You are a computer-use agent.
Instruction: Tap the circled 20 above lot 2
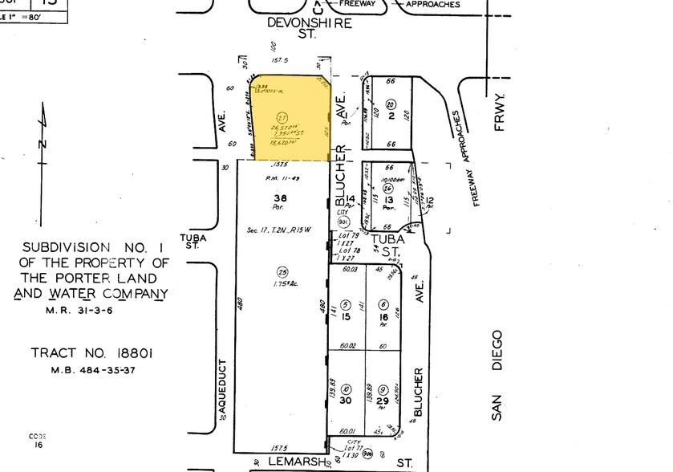click(x=391, y=104)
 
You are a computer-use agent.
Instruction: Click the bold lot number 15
click(x=345, y=318)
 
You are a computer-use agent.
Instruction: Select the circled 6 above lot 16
click(x=384, y=305)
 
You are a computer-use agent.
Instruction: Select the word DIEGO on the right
click(x=497, y=350)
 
